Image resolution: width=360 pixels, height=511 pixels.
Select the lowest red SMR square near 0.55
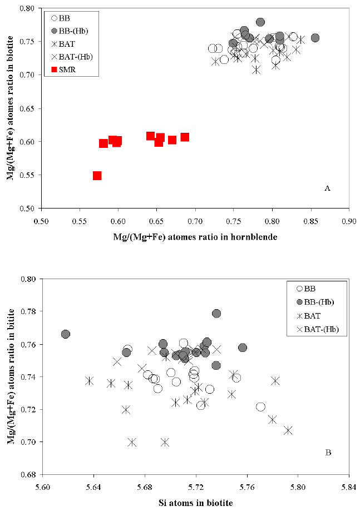pyautogui.click(x=97, y=176)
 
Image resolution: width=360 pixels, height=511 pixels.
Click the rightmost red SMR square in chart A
pyautogui.click(x=185, y=137)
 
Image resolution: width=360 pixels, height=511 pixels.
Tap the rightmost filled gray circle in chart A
pyautogui.click(x=315, y=38)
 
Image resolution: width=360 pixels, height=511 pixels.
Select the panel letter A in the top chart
pyautogui.click(x=328, y=189)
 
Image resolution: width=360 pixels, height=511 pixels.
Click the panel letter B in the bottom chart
pyautogui.click(x=328, y=453)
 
